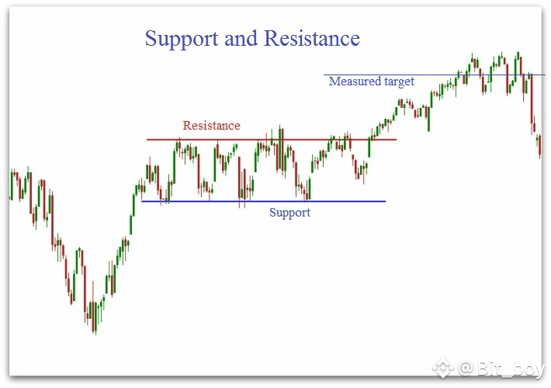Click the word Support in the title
click(182, 40)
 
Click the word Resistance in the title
click(312, 38)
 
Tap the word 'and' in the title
click(241, 38)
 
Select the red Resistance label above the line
click(212, 126)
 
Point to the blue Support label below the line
click(290, 213)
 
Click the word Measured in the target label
click(355, 81)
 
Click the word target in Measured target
click(399, 81)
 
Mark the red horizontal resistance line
click(272, 140)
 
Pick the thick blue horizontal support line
click(263, 202)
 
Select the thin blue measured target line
click(435, 74)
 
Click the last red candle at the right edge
click(540, 146)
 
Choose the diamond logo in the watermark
click(443, 368)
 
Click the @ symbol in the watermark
click(466, 369)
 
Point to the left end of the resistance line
click(147, 140)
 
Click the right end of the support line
click(385, 202)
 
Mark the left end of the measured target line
click(324, 74)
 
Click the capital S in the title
click(151, 38)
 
